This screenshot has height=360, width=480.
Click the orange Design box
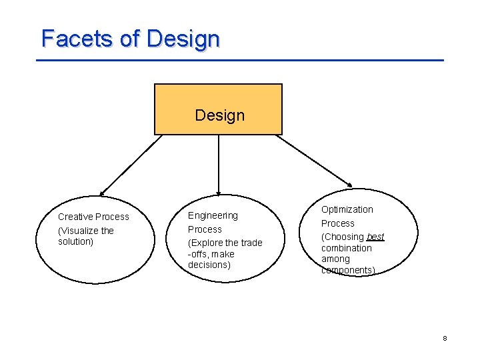(x=219, y=109)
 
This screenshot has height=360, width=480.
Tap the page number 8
(x=445, y=339)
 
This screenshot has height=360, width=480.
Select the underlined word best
(x=375, y=237)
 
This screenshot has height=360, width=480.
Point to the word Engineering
(x=213, y=215)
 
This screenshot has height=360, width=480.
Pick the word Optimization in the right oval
(x=347, y=209)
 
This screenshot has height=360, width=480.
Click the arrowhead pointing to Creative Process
(x=102, y=192)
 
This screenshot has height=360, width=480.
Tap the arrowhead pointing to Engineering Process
(x=219, y=192)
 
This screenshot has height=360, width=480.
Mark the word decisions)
(x=209, y=265)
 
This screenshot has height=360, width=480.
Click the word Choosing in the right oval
(x=344, y=237)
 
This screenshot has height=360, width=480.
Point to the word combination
(x=347, y=248)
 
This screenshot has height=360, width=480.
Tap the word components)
(x=348, y=270)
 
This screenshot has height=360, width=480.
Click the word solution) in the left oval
(x=75, y=241)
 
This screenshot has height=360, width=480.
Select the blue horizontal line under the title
(x=239, y=61)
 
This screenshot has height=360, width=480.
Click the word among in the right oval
(x=335, y=259)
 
